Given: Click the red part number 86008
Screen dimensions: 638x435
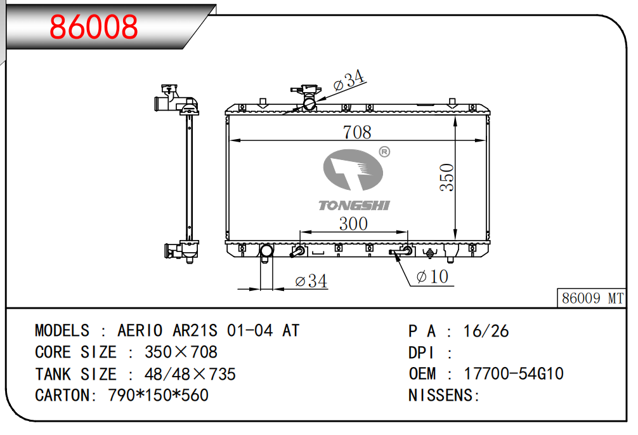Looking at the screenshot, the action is pyautogui.click(x=94, y=27).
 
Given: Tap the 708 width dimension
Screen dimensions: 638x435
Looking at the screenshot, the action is pyautogui.click(x=357, y=132).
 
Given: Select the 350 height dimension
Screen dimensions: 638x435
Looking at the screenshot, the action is pyautogui.click(x=446, y=177).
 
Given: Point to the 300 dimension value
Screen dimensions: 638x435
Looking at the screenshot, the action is pyautogui.click(x=353, y=224).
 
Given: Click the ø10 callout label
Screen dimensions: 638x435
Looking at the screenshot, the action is pyautogui.click(x=432, y=277).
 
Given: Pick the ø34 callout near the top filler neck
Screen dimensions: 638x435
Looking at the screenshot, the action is pyautogui.click(x=349, y=80).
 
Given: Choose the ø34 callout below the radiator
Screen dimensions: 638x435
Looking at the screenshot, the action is pyautogui.click(x=311, y=281).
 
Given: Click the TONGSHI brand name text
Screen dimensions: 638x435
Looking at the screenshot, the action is pyautogui.click(x=354, y=205).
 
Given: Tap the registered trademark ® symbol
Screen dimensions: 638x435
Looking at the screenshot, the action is pyautogui.click(x=384, y=152).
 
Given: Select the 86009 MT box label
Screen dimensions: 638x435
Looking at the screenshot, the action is pyautogui.click(x=592, y=298).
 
